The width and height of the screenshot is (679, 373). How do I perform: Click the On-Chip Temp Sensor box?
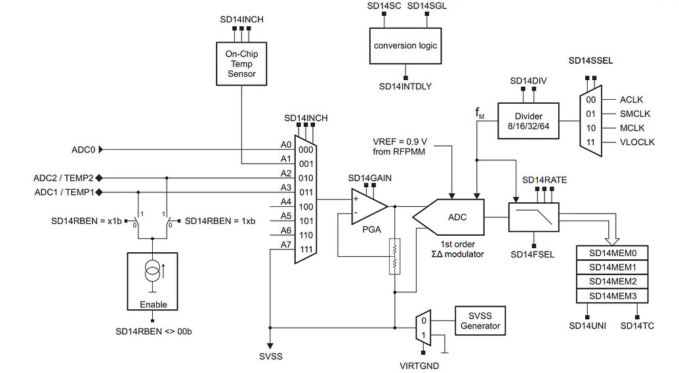(x=241, y=64)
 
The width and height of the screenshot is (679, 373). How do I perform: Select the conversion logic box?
(x=405, y=45)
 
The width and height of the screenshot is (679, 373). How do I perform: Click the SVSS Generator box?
(x=480, y=321)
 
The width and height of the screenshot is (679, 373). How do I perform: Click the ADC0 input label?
(x=83, y=150)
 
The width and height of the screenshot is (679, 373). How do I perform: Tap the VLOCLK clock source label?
(x=636, y=142)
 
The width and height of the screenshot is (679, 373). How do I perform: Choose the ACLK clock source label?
(x=631, y=100)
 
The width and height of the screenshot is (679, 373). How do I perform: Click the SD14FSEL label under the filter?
(x=533, y=254)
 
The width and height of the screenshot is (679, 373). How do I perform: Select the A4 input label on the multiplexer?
(x=286, y=202)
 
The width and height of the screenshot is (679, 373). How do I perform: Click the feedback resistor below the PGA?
(x=394, y=257)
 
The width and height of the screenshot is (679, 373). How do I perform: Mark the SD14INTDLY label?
(x=405, y=86)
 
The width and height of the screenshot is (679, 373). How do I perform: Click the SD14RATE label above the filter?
(x=544, y=179)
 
